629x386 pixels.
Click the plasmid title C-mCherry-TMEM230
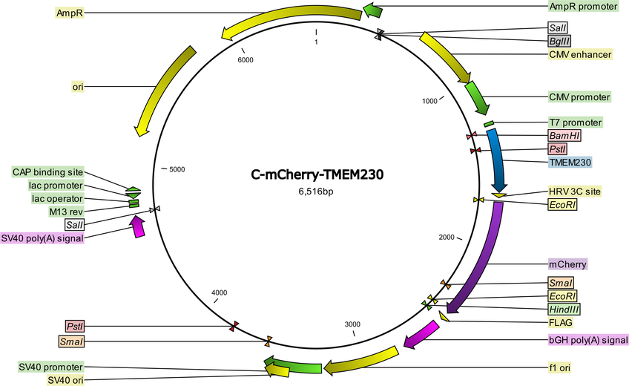tap(317, 174)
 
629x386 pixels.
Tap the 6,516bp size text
tap(316, 192)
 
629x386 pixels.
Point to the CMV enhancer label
tap(580, 54)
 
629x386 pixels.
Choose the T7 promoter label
tap(576, 122)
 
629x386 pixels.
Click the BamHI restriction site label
tap(564, 136)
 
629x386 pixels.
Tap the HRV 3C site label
tap(574, 192)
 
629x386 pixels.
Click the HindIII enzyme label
tap(564, 309)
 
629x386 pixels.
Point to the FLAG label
tap(561, 322)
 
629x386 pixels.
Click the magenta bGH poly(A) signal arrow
tap(421, 335)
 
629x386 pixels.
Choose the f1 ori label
tap(559, 367)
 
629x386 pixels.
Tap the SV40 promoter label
tap(51, 367)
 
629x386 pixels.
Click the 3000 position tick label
tap(352, 324)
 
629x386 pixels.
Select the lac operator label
tap(57, 199)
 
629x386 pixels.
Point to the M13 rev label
tap(66, 212)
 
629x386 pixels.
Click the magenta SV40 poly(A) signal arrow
tap(137, 226)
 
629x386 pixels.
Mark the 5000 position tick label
tap(177, 170)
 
